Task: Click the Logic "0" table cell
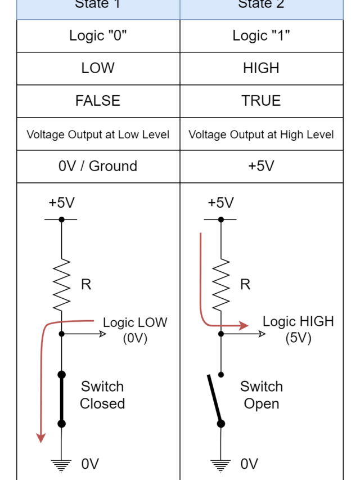pyautogui.click(x=98, y=35)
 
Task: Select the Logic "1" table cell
pyautogui.click(x=262, y=35)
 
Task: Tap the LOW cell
pyautogui.click(x=98, y=68)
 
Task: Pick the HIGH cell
pyautogui.click(x=262, y=68)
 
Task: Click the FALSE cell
pyautogui.click(x=98, y=101)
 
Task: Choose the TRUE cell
pyautogui.click(x=262, y=101)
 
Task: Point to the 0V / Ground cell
pyautogui.click(x=98, y=166)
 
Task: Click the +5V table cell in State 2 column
pyautogui.click(x=262, y=166)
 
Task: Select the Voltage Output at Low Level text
pyautogui.click(x=98, y=134)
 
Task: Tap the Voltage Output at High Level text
pyautogui.click(x=262, y=134)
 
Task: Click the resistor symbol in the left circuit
pyautogui.click(x=62, y=284)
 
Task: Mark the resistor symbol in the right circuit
pyautogui.click(x=222, y=284)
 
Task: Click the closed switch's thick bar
pyautogui.click(x=62, y=399)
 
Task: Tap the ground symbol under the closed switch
pyautogui.click(x=62, y=465)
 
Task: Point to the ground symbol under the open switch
pyautogui.click(x=221, y=465)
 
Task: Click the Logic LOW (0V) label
pyautogui.click(x=135, y=330)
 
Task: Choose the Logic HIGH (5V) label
pyautogui.click(x=298, y=329)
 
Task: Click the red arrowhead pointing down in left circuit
pyautogui.click(x=40, y=437)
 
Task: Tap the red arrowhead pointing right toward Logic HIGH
pyautogui.click(x=243, y=325)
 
